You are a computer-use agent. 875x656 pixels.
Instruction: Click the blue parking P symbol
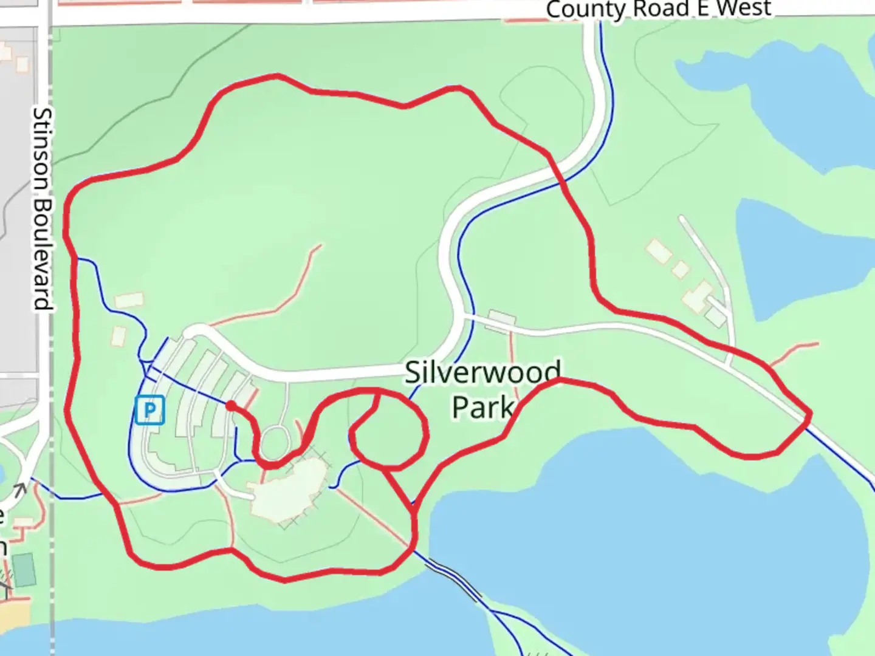point(149,410)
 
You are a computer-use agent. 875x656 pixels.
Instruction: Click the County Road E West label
point(659,9)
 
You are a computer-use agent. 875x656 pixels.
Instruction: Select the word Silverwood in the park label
point(483,372)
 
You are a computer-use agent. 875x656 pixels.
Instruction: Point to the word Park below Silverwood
point(482,407)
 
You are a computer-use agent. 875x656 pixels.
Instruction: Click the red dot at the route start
point(231,405)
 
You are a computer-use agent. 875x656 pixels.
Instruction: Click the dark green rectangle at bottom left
point(24,569)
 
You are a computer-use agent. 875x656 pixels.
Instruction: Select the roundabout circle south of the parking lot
point(275,442)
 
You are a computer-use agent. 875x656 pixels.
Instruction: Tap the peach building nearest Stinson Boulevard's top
point(22,63)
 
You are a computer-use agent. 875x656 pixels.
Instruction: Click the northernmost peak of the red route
point(276,76)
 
